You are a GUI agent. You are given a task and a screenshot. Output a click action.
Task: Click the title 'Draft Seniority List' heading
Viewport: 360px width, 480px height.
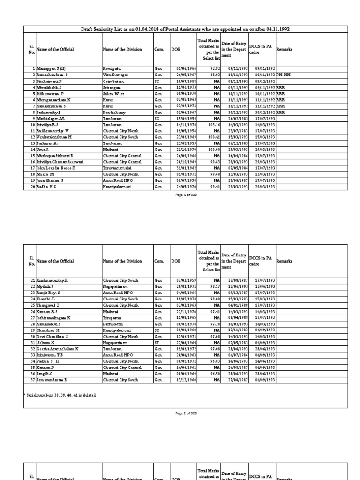click(186, 29)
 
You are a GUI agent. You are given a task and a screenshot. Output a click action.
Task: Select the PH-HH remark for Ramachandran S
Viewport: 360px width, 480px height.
click(283, 75)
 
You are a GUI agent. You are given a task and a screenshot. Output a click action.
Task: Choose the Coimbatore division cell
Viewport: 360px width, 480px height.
click(112, 81)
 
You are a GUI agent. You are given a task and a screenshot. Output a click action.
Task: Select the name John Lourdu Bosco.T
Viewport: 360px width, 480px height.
click(55, 167)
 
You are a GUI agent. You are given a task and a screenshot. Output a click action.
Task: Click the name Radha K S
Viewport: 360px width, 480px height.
click(47, 186)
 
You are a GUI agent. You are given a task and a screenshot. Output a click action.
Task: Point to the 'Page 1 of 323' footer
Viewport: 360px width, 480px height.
click(186, 195)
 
